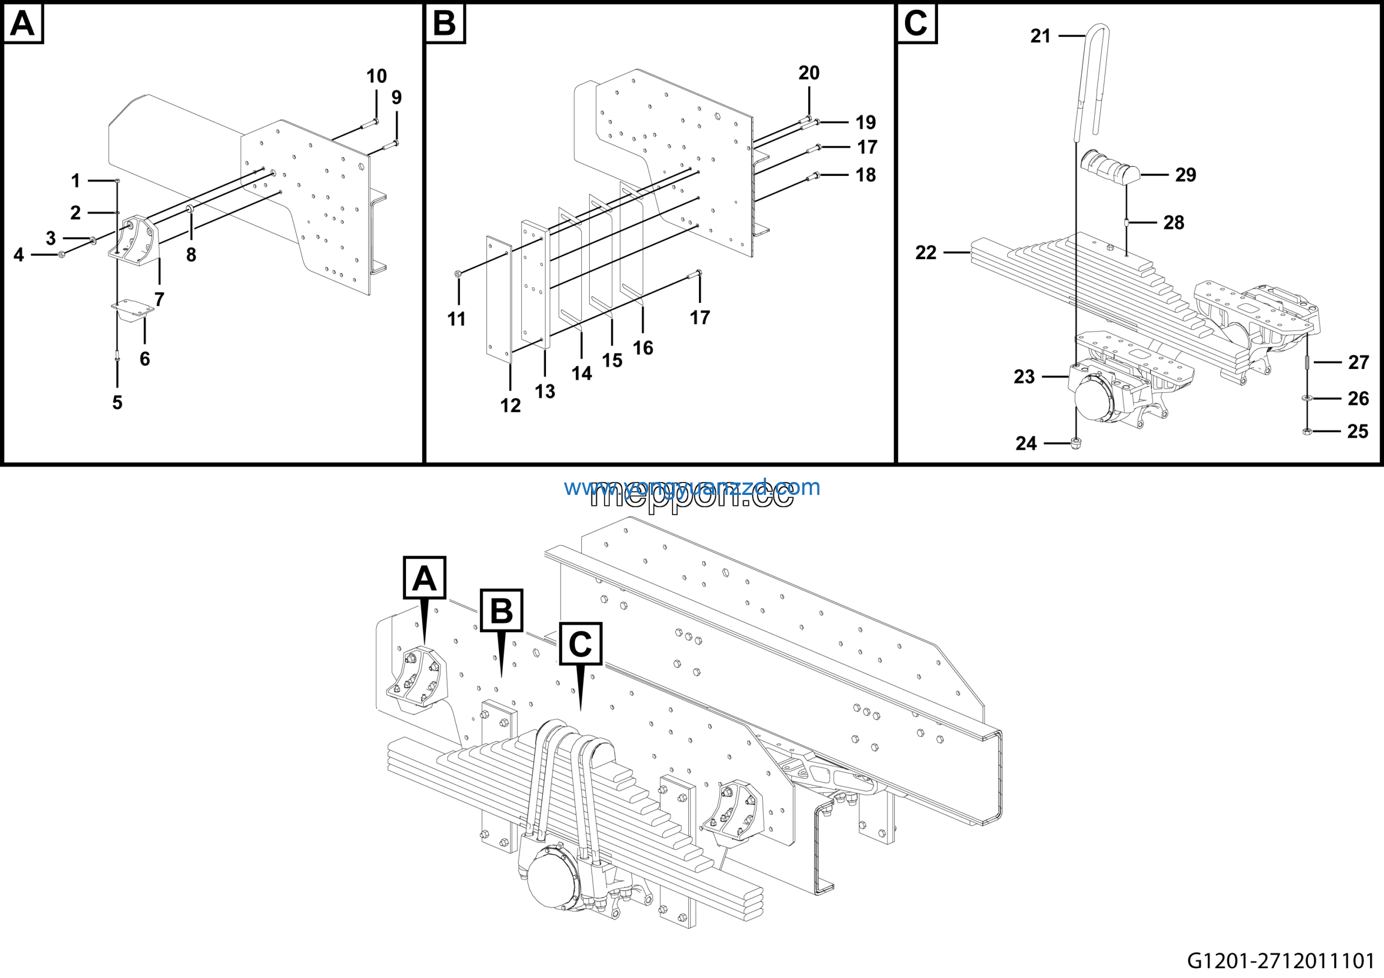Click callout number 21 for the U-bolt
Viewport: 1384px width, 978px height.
coord(1040,36)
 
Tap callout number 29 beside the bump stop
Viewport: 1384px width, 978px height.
coord(1185,175)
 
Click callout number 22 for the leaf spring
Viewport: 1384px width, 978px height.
coord(926,252)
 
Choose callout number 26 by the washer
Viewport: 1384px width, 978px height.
coord(1358,399)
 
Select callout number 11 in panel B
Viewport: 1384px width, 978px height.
coord(456,319)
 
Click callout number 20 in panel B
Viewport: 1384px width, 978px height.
coord(809,73)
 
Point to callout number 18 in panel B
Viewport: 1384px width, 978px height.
coord(866,175)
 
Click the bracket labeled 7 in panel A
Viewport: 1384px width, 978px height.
coord(136,241)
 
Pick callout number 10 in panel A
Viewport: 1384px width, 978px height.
coord(377,76)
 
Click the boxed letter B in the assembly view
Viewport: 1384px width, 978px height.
coord(502,610)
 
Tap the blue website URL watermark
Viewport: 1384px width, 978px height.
coord(692,487)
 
